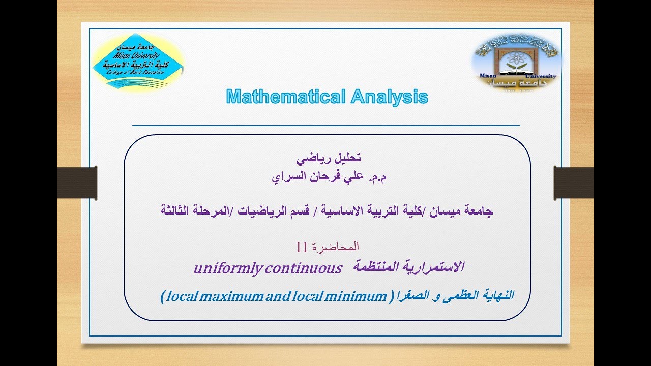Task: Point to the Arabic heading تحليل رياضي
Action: pyautogui.click(x=329, y=158)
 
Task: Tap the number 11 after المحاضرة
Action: pyautogui.click(x=301, y=248)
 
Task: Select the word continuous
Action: pyautogui.click(x=303, y=268)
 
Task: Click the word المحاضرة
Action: pyautogui.click(x=336, y=247)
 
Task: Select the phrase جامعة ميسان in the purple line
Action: pyautogui.click(x=470, y=210)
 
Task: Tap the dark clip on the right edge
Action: pyautogui.click(x=573, y=182)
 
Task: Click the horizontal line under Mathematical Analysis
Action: pyautogui.click(x=325, y=125)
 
